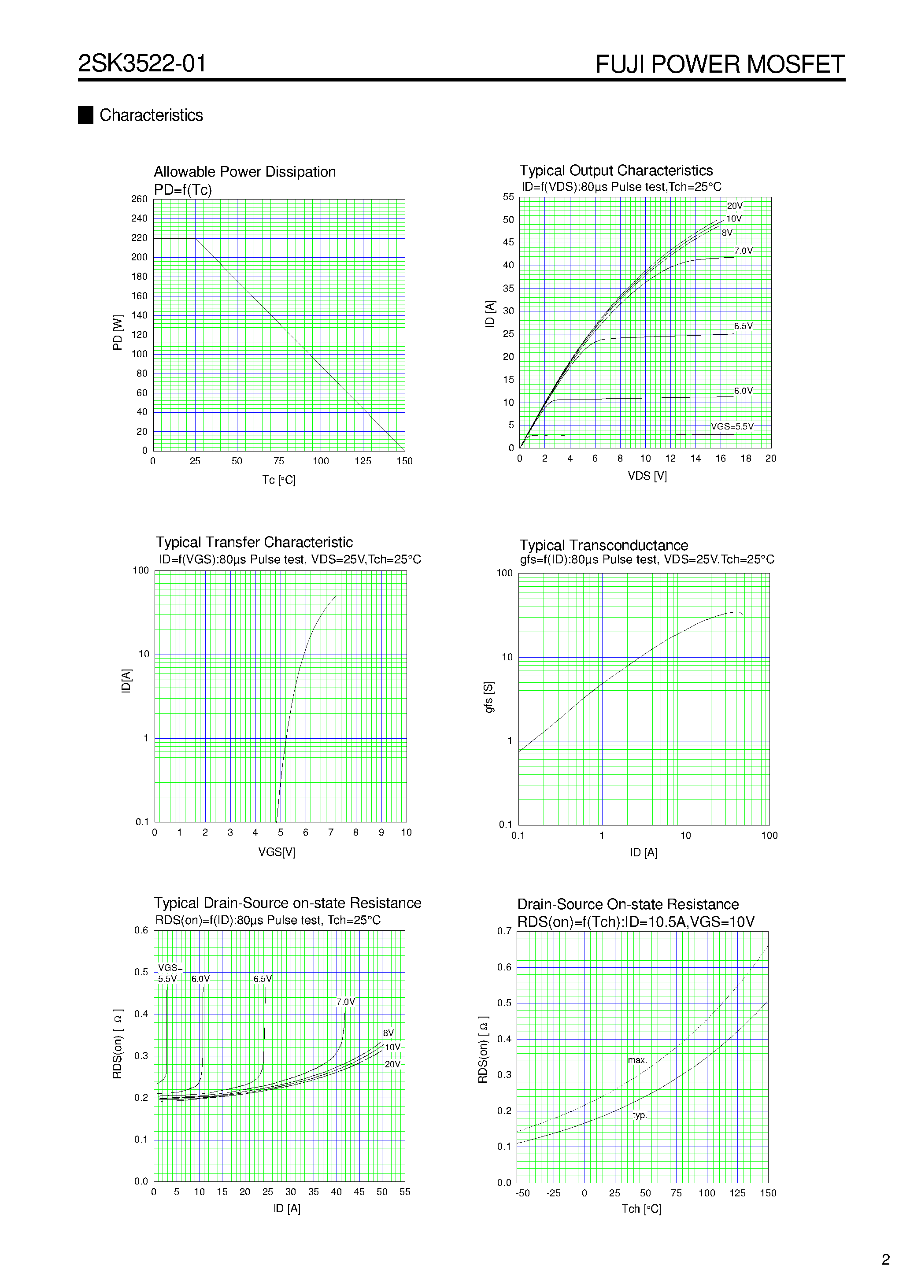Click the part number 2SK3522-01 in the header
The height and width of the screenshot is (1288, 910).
tap(142, 63)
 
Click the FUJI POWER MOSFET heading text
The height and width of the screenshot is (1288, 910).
tap(719, 64)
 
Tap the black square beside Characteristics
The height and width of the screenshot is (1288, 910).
tap(85, 115)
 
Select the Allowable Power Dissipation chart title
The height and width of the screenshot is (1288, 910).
tap(244, 172)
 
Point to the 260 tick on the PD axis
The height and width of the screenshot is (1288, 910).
tap(139, 199)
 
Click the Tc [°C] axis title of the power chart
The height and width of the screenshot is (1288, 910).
tap(279, 480)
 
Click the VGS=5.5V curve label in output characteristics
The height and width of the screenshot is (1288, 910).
tap(732, 426)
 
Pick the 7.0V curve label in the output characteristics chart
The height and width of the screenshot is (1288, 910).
tap(744, 251)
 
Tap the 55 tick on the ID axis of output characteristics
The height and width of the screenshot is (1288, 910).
tap(508, 197)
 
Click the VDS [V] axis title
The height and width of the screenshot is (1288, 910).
tap(647, 476)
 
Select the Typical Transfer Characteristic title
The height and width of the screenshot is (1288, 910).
tap(254, 542)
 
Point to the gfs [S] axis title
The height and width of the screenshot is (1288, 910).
tap(488, 697)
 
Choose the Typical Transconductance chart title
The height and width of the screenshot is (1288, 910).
tap(604, 545)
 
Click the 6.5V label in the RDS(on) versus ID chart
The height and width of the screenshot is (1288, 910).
tap(263, 979)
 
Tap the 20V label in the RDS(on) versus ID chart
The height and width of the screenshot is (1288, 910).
tap(392, 1064)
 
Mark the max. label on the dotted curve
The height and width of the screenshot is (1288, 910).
tap(637, 1060)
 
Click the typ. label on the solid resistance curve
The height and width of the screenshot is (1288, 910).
tap(640, 1115)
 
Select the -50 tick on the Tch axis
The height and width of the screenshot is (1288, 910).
tap(523, 1193)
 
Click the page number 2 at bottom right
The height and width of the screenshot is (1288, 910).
tap(886, 1260)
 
